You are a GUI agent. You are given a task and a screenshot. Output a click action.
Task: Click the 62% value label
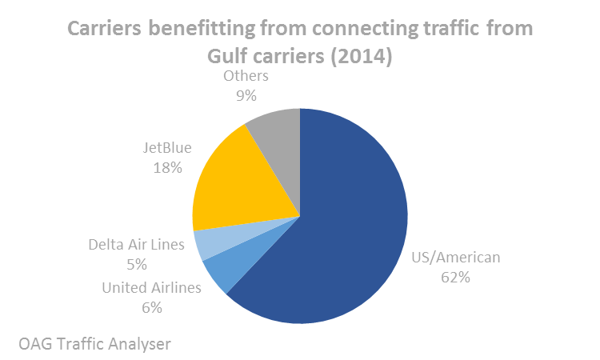click(x=454, y=278)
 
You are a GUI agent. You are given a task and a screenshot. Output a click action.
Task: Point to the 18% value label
click(x=169, y=168)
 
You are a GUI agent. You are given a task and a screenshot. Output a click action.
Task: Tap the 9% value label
click(x=245, y=96)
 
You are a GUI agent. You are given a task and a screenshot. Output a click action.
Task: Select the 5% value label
click(x=135, y=263)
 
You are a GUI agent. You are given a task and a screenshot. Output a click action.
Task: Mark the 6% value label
click(x=151, y=307)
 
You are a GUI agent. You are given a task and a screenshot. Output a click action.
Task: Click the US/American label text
click(x=455, y=258)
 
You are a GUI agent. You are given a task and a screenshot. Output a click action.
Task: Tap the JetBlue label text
click(x=169, y=148)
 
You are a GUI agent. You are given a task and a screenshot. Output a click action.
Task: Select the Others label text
click(x=246, y=76)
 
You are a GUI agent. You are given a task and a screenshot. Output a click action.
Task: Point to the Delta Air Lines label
click(x=136, y=244)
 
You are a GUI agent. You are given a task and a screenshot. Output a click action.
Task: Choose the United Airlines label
click(x=151, y=287)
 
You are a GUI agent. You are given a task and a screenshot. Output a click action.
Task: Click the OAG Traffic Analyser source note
click(x=95, y=344)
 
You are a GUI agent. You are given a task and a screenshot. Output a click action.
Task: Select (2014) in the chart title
click(x=354, y=58)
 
